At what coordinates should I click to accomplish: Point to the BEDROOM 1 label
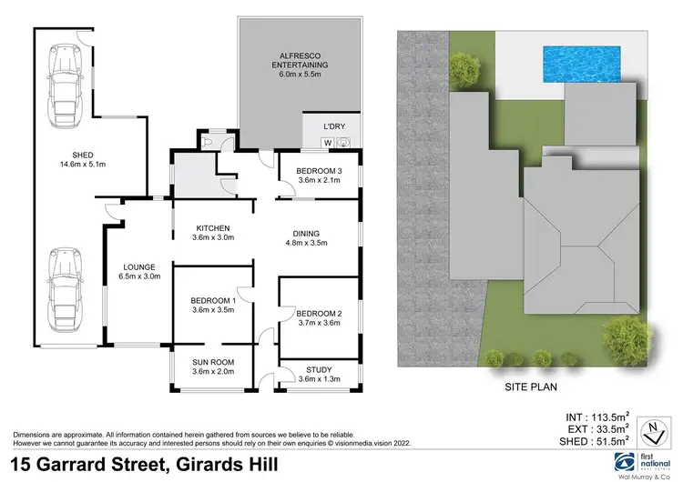tap(213, 306)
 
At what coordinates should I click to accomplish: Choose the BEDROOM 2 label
tap(319, 315)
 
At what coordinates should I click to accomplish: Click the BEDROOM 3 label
tap(318, 176)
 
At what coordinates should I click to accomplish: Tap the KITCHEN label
tap(214, 233)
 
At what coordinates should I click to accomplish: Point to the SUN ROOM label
tap(213, 366)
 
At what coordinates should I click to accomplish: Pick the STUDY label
tap(318, 373)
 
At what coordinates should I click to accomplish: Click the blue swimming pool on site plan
tap(582, 62)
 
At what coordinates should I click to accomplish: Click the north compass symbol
tap(649, 427)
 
